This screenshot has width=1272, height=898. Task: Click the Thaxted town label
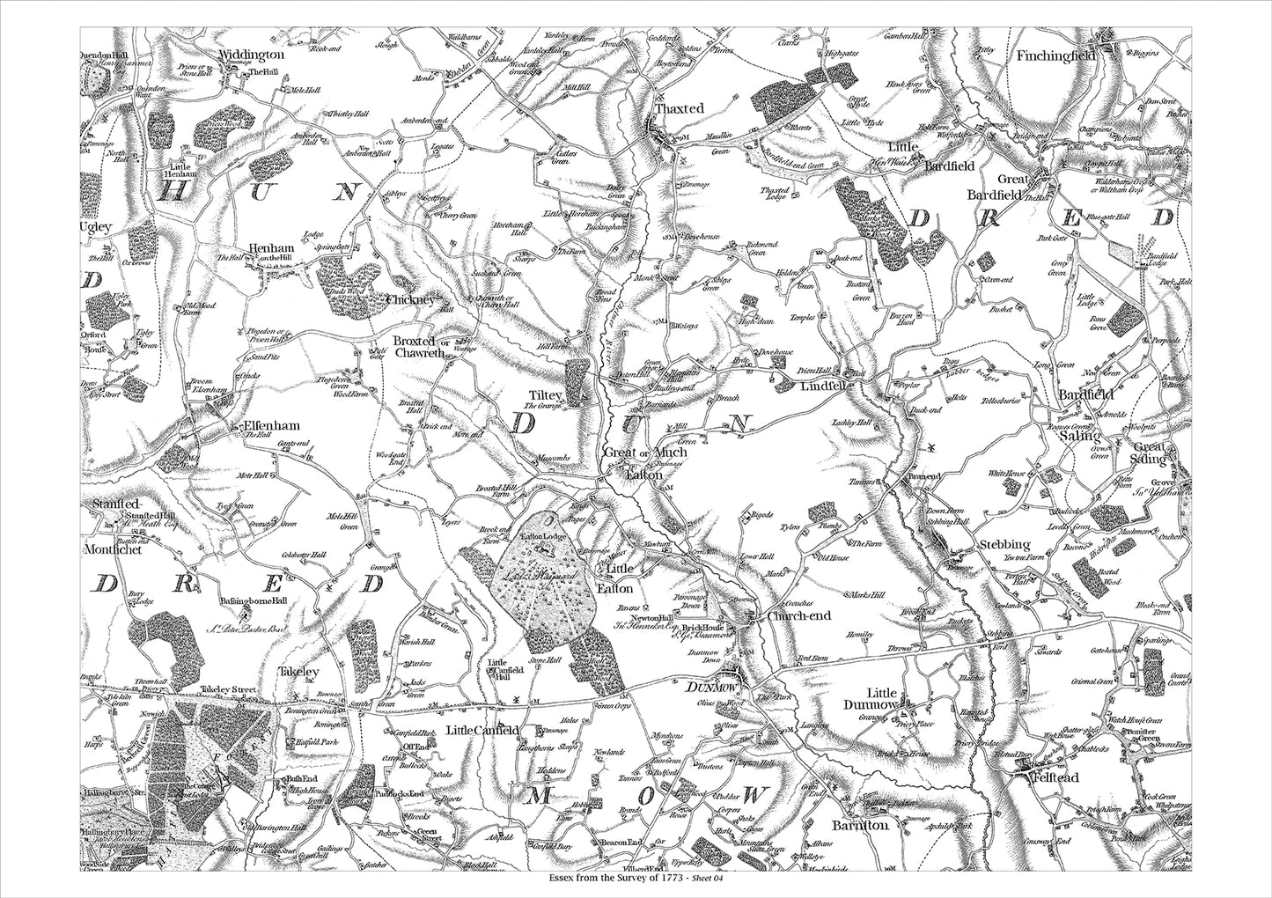pos(680,108)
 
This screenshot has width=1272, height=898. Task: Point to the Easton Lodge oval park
pos(546,572)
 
